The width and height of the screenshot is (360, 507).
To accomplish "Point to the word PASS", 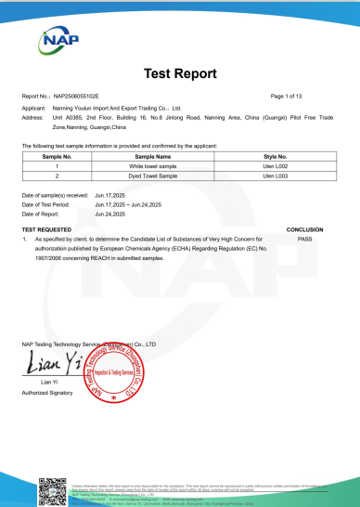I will point(304,238).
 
